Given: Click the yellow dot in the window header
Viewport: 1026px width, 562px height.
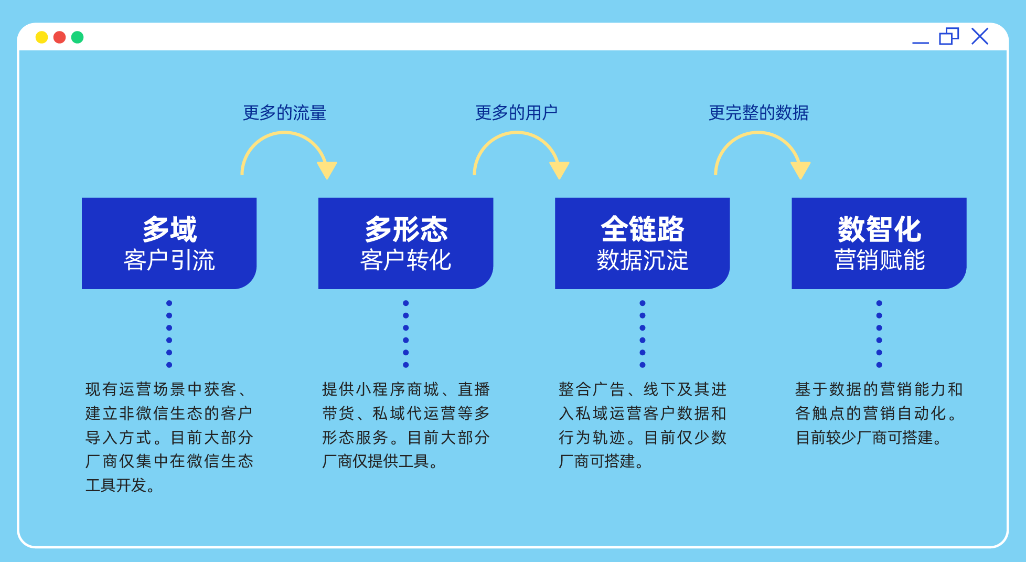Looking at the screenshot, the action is pos(41,37).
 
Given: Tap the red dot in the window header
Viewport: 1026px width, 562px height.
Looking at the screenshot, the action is pos(59,37).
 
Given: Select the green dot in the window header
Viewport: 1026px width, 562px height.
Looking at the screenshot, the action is pos(77,37).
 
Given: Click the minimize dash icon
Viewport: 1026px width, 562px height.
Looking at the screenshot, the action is pos(920,43).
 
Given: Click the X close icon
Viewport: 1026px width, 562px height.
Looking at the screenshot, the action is pos(979,36).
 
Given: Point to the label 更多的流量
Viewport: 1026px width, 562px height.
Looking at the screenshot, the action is pos(284,113).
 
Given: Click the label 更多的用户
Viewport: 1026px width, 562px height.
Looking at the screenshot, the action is pos(516,113).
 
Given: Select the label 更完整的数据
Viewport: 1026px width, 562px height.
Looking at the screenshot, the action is pos(758,113).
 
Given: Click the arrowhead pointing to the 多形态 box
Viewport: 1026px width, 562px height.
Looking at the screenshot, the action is pos(327,170).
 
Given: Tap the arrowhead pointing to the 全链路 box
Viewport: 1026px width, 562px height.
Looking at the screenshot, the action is pos(559,170).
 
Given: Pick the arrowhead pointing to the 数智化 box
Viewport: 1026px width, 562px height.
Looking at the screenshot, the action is pos(800,170).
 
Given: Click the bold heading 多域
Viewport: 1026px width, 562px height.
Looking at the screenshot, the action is pos(169,229).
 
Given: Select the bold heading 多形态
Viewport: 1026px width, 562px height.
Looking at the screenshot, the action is pos(406,229).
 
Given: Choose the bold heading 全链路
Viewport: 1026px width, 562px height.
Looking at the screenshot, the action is pos(643,229).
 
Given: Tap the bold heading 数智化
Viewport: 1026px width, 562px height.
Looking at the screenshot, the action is pos(879,229).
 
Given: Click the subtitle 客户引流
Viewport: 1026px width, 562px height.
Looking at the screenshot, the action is pos(169,260).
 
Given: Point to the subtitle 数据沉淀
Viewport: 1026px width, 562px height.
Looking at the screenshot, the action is pos(643,260).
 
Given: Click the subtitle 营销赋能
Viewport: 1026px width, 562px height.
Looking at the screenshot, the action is pos(879,260).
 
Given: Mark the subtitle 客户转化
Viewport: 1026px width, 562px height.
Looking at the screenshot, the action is pos(406,260).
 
